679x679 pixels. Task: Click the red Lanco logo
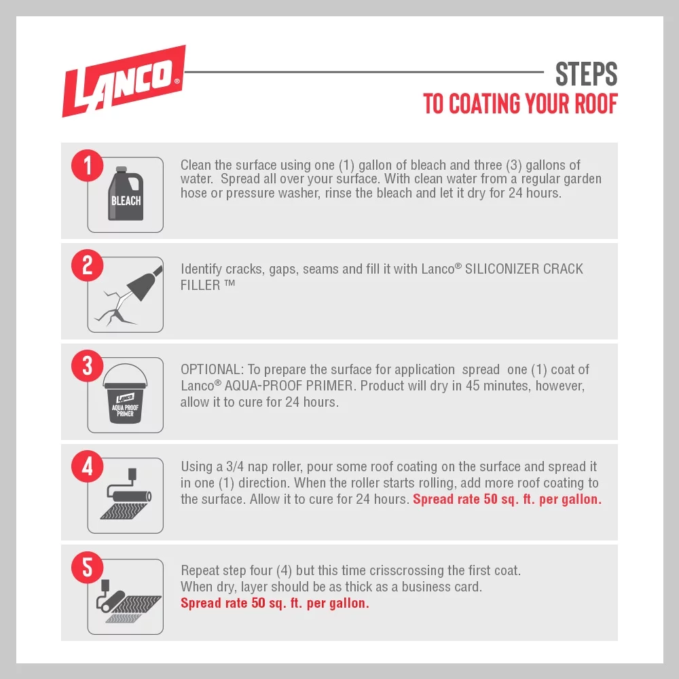(x=124, y=81)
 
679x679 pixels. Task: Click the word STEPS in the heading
(x=587, y=74)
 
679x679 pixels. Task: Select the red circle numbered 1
(x=88, y=166)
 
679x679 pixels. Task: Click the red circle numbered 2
(x=88, y=265)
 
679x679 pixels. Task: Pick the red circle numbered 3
(x=88, y=366)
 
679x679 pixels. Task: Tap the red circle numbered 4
(x=88, y=466)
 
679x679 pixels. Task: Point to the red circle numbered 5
(x=88, y=567)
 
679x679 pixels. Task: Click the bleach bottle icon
(x=126, y=194)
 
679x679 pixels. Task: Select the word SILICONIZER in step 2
(x=502, y=269)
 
